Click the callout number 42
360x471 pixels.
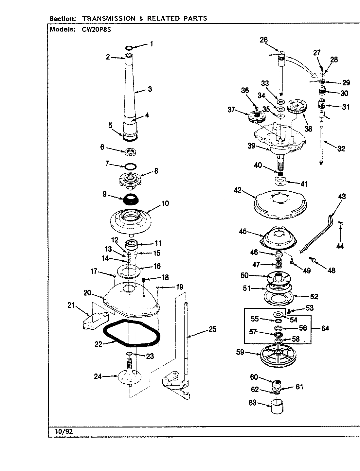238,190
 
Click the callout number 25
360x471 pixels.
212,329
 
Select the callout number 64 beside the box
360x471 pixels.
325,328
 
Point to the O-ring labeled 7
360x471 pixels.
130,165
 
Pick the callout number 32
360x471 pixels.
341,149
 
